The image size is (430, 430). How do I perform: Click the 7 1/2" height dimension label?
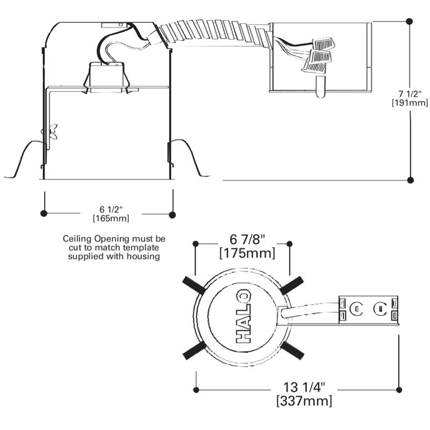pyautogui.click(x=410, y=94)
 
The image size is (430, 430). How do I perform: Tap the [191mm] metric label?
pyautogui.click(x=410, y=103)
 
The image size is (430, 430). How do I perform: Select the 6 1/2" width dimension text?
pyautogui.click(x=111, y=210)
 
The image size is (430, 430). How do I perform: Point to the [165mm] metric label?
pyautogui.click(x=111, y=219)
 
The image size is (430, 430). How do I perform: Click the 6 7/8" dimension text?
pyautogui.click(x=247, y=239)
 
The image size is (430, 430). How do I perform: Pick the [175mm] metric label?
pyautogui.click(x=247, y=253)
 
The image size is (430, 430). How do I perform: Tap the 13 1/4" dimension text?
pyautogui.click(x=304, y=388)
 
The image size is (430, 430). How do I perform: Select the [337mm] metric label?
pyautogui.click(x=304, y=401)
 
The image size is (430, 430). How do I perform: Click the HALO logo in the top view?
pyautogui.click(x=243, y=316)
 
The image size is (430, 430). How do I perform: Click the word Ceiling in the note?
pyautogui.click(x=77, y=239)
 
